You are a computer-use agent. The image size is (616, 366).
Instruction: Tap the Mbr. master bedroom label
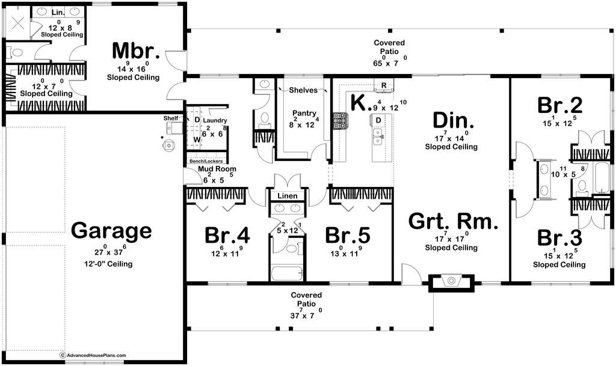(135, 50)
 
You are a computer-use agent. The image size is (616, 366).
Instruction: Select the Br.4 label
(227, 236)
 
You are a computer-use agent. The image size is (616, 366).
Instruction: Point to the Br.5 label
(348, 236)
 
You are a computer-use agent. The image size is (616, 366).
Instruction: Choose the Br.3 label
(560, 237)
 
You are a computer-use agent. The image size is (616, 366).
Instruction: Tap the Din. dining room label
(453, 120)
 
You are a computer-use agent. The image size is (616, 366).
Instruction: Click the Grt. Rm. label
(454, 222)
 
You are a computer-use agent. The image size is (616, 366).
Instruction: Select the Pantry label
(304, 114)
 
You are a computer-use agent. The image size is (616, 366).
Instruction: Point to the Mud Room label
(217, 169)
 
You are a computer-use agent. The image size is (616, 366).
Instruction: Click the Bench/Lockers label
(206, 161)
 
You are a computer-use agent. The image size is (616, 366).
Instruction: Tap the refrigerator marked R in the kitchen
(384, 86)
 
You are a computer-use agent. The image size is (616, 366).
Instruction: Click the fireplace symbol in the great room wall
(451, 281)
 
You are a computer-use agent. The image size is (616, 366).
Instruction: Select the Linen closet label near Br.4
(288, 196)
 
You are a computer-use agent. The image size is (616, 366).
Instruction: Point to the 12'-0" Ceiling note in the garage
(108, 264)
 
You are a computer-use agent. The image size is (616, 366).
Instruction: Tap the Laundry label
(215, 120)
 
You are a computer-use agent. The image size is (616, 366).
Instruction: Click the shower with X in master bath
(17, 23)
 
